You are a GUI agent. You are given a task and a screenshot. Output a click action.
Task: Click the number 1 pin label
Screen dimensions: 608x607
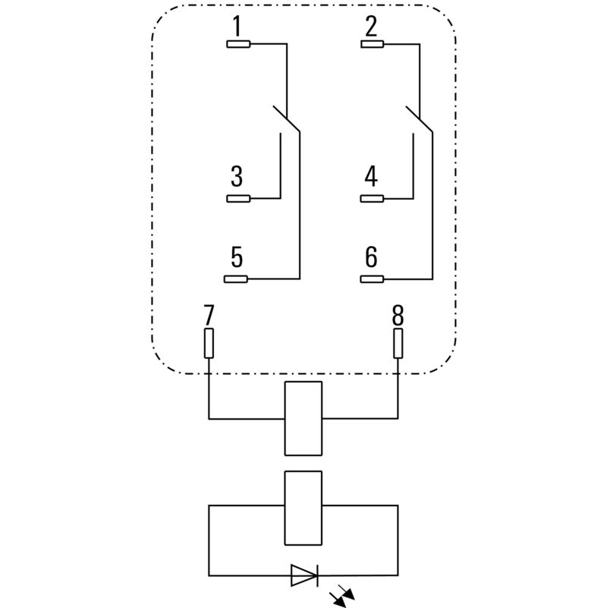(x=237, y=27)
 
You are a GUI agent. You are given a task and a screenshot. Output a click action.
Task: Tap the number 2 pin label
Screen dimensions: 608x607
(x=371, y=27)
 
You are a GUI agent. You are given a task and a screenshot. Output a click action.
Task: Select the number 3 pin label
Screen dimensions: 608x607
(x=237, y=178)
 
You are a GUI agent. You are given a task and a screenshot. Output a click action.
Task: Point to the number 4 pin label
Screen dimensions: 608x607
(x=371, y=178)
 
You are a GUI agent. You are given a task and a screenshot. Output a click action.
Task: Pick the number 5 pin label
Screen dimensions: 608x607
(x=237, y=258)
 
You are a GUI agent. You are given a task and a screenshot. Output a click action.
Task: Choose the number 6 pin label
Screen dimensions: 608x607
(x=371, y=258)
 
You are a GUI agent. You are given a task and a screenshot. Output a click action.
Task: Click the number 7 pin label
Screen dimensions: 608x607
(x=209, y=314)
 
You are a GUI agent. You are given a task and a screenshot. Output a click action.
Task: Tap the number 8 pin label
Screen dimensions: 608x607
(x=398, y=314)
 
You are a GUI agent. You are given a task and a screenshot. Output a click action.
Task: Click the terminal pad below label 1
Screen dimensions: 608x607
(x=238, y=44)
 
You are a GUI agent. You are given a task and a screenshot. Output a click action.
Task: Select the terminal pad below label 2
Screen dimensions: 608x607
(x=373, y=44)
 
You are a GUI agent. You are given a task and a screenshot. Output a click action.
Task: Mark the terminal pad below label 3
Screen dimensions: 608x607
(x=238, y=199)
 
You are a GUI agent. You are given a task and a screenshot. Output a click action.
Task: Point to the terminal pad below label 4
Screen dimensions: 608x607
(x=373, y=199)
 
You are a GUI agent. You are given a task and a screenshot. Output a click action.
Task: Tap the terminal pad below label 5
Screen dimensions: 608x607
(x=238, y=279)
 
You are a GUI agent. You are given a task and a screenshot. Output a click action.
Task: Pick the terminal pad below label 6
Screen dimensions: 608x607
(x=373, y=279)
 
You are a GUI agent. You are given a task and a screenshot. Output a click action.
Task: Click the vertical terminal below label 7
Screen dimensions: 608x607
(x=209, y=343)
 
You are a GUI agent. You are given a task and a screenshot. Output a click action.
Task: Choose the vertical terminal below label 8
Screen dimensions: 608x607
(x=398, y=343)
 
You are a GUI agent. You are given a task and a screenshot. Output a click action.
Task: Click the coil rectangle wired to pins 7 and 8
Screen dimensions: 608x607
(x=303, y=418)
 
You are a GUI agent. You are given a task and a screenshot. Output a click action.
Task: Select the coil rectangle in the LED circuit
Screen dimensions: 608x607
(x=303, y=507)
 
